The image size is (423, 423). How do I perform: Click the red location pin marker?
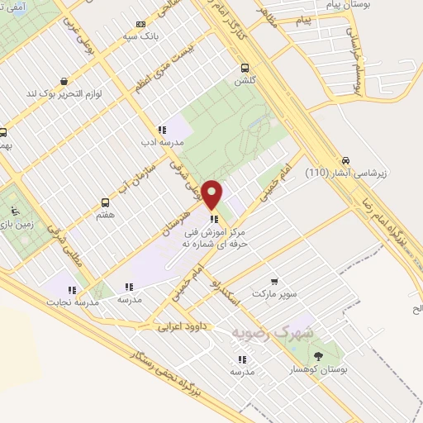click(212, 193)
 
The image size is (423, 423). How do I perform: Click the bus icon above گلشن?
click(244, 69)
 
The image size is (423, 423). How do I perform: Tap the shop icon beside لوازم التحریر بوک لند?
click(40, 94)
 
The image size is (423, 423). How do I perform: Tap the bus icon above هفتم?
click(105, 202)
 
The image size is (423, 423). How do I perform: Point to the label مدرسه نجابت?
click(72, 303)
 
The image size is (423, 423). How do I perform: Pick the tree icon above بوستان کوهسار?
click(320, 355)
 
